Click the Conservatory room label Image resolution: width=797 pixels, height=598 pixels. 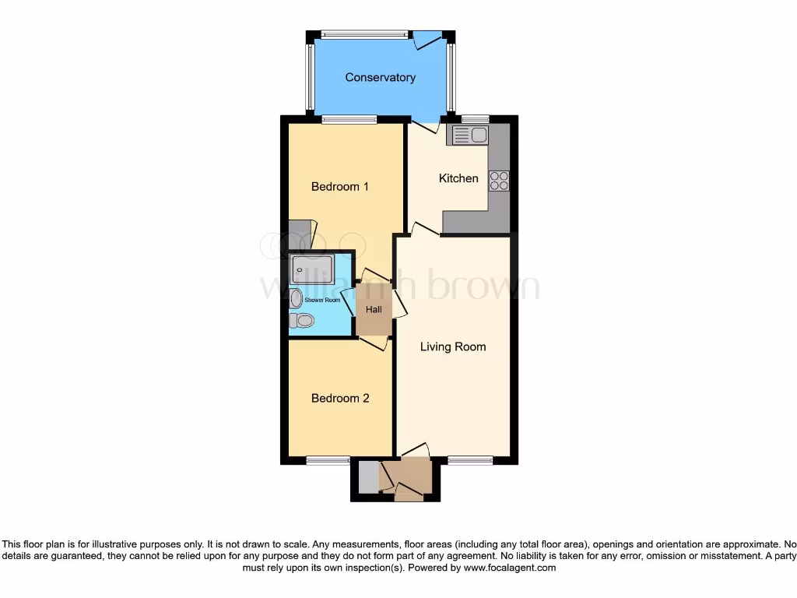point(380,77)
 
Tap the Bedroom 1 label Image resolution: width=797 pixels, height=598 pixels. point(339,186)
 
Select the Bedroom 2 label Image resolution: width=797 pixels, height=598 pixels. point(339,398)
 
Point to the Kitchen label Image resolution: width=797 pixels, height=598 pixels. point(458,178)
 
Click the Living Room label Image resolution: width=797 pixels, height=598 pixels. point(453,346)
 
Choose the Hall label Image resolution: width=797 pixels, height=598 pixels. point(374,309)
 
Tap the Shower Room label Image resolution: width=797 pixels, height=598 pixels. point(322,300)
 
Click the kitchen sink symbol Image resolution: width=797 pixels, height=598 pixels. point(467,135)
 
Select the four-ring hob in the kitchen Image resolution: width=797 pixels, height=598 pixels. point(499,181)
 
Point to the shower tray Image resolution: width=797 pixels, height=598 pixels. point(311,270)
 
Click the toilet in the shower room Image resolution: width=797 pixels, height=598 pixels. point(301,320)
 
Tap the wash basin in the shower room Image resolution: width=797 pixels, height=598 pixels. point(296,298)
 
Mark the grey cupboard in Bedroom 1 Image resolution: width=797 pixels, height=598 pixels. point(299,235)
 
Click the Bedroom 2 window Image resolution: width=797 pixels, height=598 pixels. point(328,460)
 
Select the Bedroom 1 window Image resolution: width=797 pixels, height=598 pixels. point(349,119)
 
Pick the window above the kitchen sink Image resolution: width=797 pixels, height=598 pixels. point(475,119)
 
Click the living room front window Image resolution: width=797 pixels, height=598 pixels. point(470,460)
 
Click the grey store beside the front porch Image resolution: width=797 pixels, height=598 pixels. point(368,477)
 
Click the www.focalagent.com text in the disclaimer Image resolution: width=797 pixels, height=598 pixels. point(510,568)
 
